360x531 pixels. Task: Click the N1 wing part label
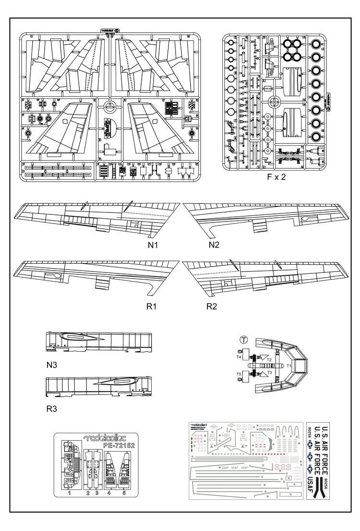tap(153, 245)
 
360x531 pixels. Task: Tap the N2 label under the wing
tap(214, 245)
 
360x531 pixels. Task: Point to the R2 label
tap(212, 306)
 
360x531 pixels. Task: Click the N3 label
tap(52, 365)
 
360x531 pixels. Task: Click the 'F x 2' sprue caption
tap(276, 177)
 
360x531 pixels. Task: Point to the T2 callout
tap(269, 360)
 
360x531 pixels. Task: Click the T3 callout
tap(269, 372)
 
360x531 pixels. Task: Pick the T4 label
tap(239, 357)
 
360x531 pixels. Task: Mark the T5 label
tap(239, 374)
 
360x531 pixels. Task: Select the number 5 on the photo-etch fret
tap(124, 493)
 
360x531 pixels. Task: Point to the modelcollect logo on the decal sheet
tap(202, 424)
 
